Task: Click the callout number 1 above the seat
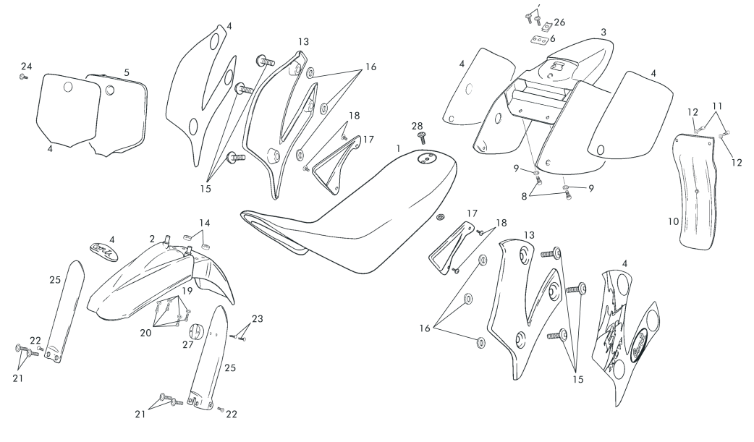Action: click(x=398, y=148)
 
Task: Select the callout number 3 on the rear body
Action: click(x=603, y=33)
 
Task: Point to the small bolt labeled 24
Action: click(x=23, y=76)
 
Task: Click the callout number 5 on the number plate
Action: click(x=127, y=72)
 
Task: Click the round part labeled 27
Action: click(x=196, y=332)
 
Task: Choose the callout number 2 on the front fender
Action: click(x=153, y=238)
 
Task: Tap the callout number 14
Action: click(x=205, y=223)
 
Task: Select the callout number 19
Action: click(x=187, y=291)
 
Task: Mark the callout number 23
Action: click(x=257, y=318)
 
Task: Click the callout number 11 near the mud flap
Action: click(x=717, y=105)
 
